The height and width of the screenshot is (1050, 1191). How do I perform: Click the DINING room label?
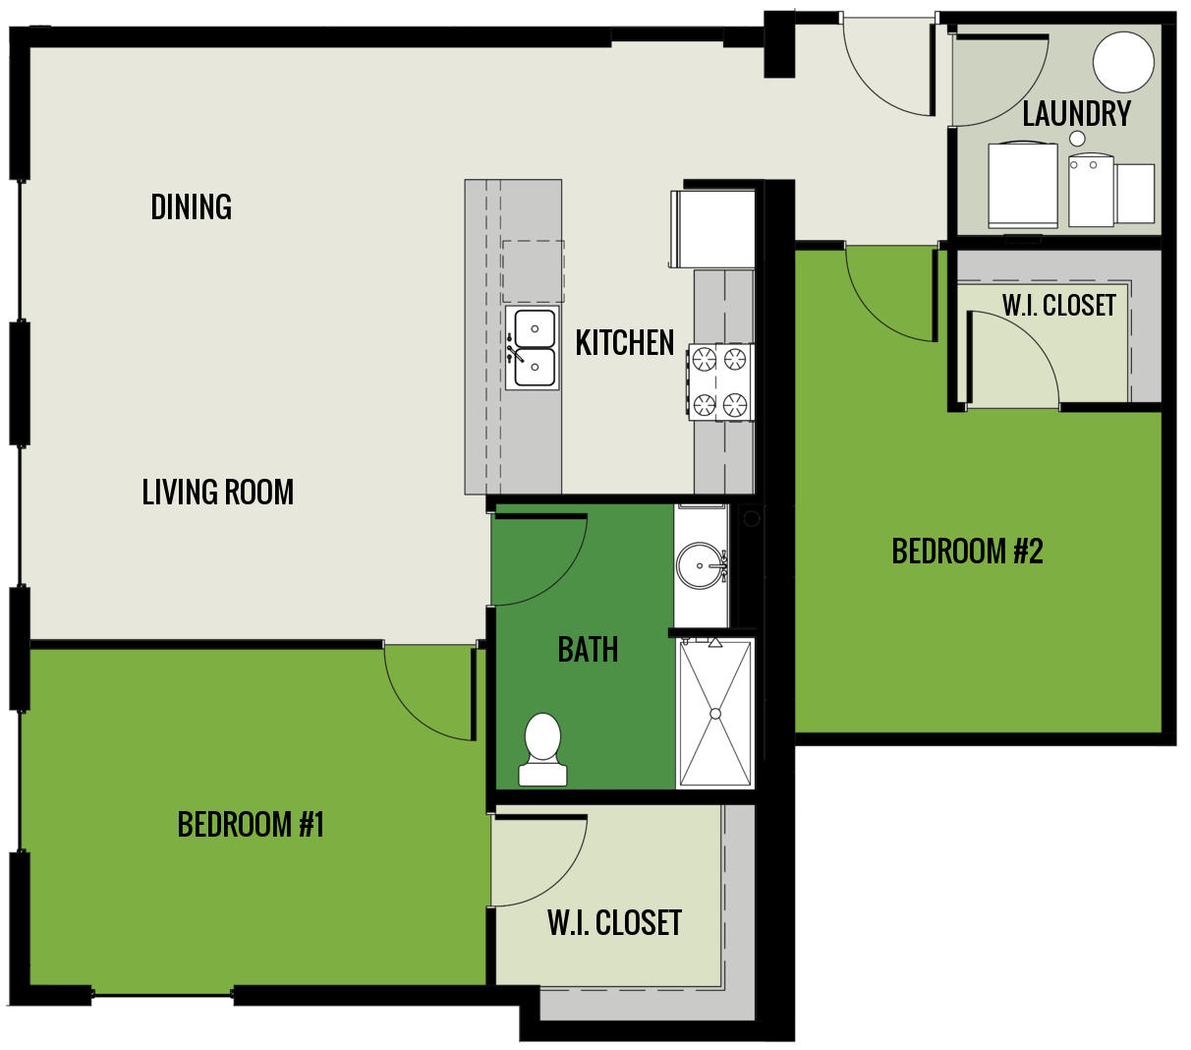pos(192,207)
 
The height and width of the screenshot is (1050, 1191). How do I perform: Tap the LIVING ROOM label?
pos(218,493)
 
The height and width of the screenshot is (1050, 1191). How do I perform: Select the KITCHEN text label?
pos(625,343)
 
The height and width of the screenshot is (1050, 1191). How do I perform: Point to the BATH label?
pos(588,650)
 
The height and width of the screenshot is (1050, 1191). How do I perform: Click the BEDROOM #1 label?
pos(251,825)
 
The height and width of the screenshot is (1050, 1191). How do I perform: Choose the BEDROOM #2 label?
pos(967,552)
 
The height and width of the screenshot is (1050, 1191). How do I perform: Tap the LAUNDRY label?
pos(1077,114)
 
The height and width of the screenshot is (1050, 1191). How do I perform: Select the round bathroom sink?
pos(700,566)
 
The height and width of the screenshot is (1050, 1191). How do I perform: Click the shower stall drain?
pos(715,713)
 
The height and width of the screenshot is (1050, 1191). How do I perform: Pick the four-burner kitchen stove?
pos(720,382)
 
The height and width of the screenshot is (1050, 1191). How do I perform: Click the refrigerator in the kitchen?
pos(713,228)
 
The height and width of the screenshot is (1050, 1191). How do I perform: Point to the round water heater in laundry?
pos(1123,61)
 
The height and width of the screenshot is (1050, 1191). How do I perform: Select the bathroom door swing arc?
pos(540,555)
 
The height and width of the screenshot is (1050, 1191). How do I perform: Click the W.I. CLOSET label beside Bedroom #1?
pos(614,923)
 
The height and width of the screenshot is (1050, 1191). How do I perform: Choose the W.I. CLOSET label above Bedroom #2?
pos(1059,306)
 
